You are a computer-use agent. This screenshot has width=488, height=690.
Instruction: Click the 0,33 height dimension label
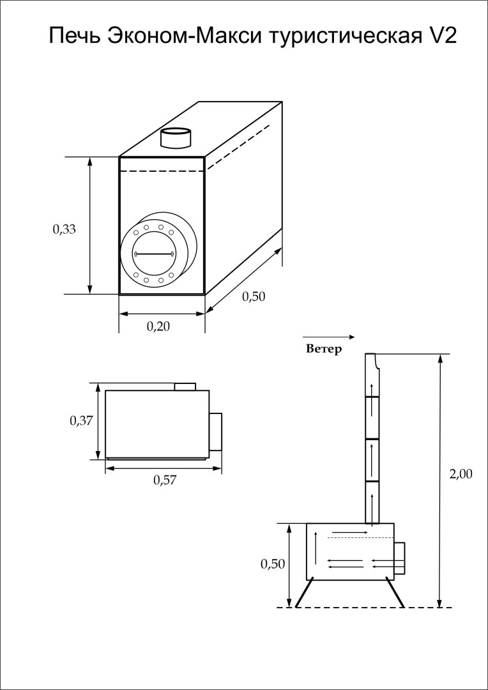(x=65, y=229)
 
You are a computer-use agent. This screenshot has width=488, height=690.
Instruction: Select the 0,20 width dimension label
(x=159, y=326)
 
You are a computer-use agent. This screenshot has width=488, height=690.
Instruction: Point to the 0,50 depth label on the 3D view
(x=253, y=296)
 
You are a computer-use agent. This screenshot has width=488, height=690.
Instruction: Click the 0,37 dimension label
(x=81, y=420)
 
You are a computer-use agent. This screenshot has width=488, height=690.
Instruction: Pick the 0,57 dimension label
(x=164, y=480)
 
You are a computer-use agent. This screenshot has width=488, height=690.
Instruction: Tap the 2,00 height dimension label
(x=461, y=474)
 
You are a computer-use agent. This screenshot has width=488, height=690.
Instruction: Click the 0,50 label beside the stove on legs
(x=273, y=563)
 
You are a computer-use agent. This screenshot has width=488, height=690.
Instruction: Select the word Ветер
(x=324, y=349)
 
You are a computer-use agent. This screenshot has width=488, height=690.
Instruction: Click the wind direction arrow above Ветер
(x=328, y=336)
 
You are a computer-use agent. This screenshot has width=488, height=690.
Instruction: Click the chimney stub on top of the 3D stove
(x=174, y=137)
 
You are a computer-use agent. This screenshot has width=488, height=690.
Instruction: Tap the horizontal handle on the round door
(x=154, y=254)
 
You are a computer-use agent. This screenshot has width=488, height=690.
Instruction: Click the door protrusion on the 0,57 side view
(x=216, y=431)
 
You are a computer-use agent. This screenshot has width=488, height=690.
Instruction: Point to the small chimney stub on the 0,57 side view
(x=185, y=387)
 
